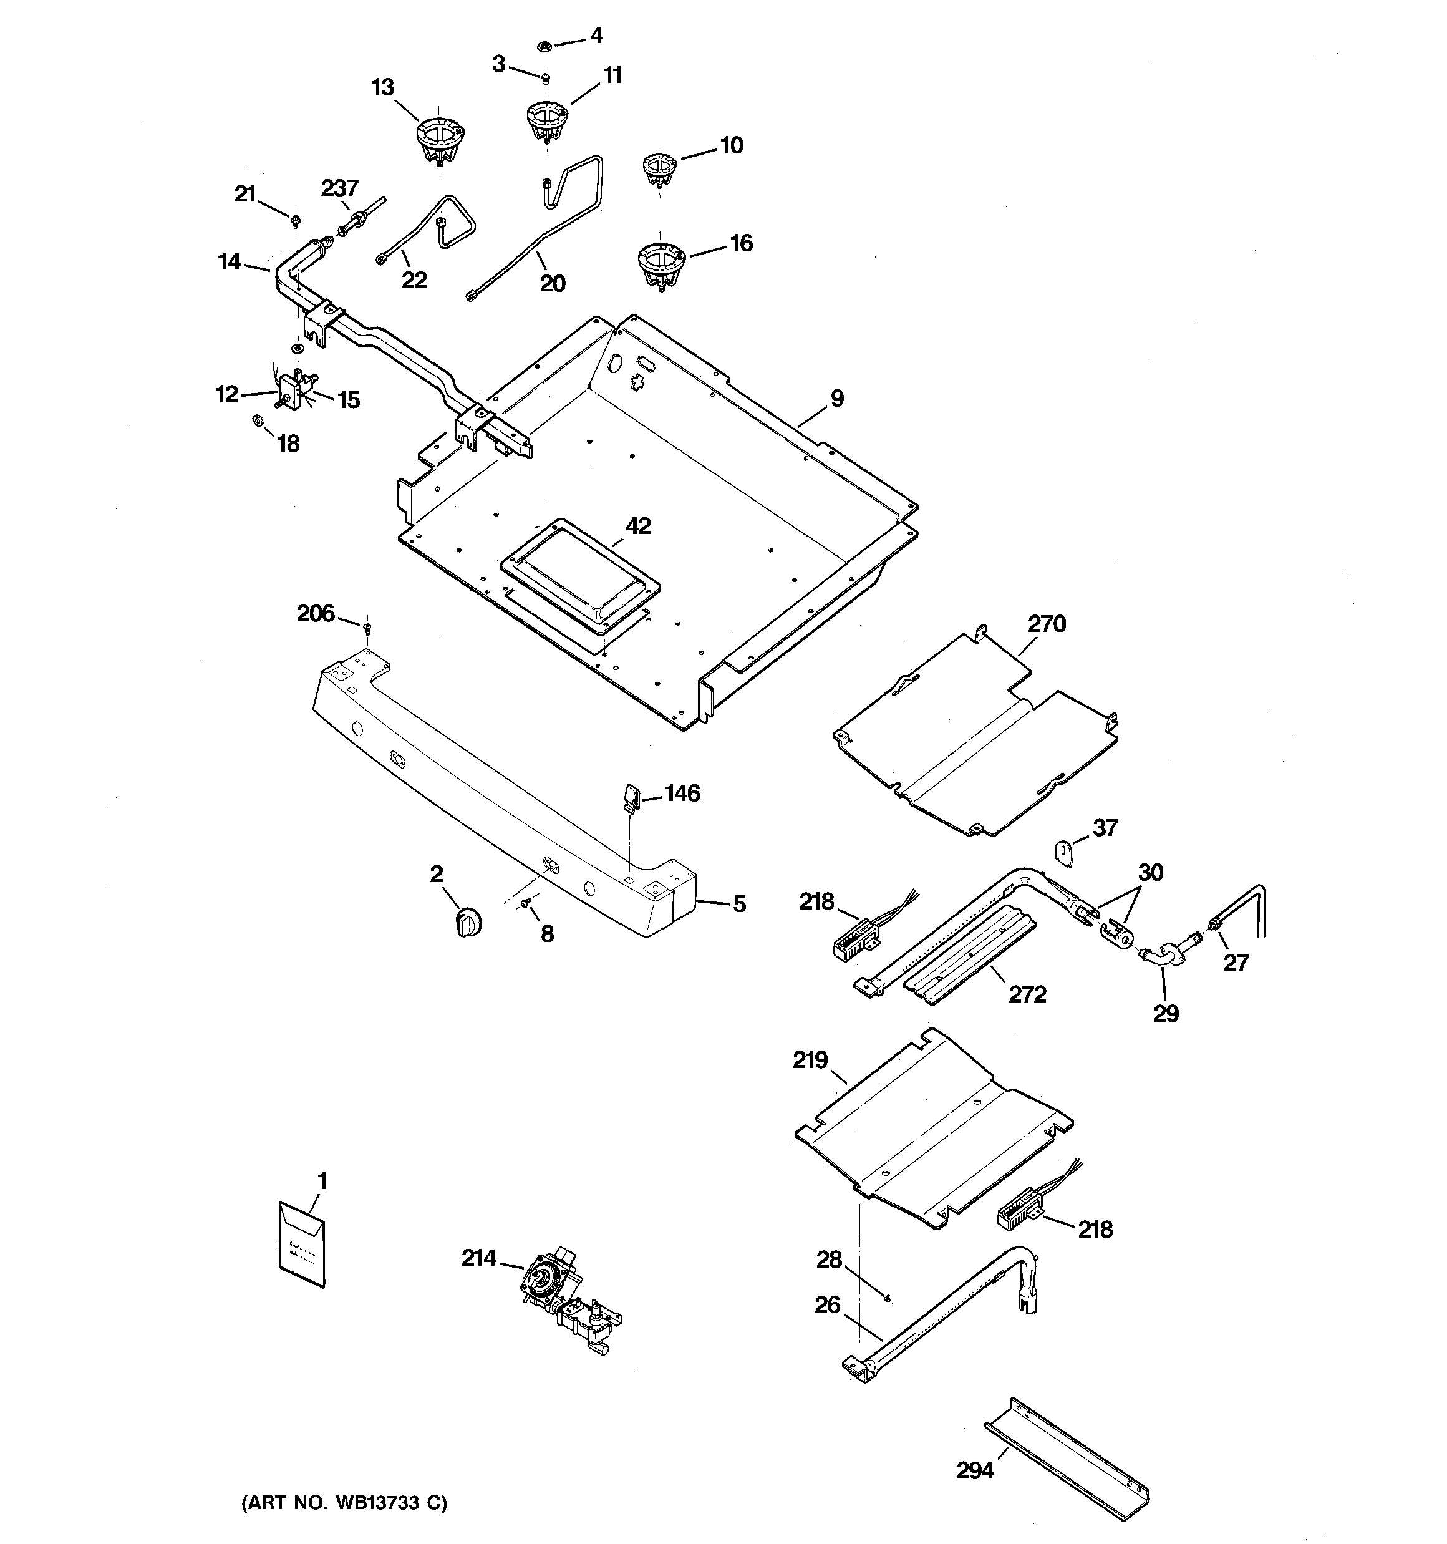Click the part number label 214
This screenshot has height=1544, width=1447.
point(478,1258)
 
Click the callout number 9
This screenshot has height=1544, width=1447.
point(836,399)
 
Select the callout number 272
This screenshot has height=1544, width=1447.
point(1027,995)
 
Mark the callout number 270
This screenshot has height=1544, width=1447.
point(1046,624)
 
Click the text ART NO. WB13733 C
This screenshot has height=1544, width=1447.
point(345,1503)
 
